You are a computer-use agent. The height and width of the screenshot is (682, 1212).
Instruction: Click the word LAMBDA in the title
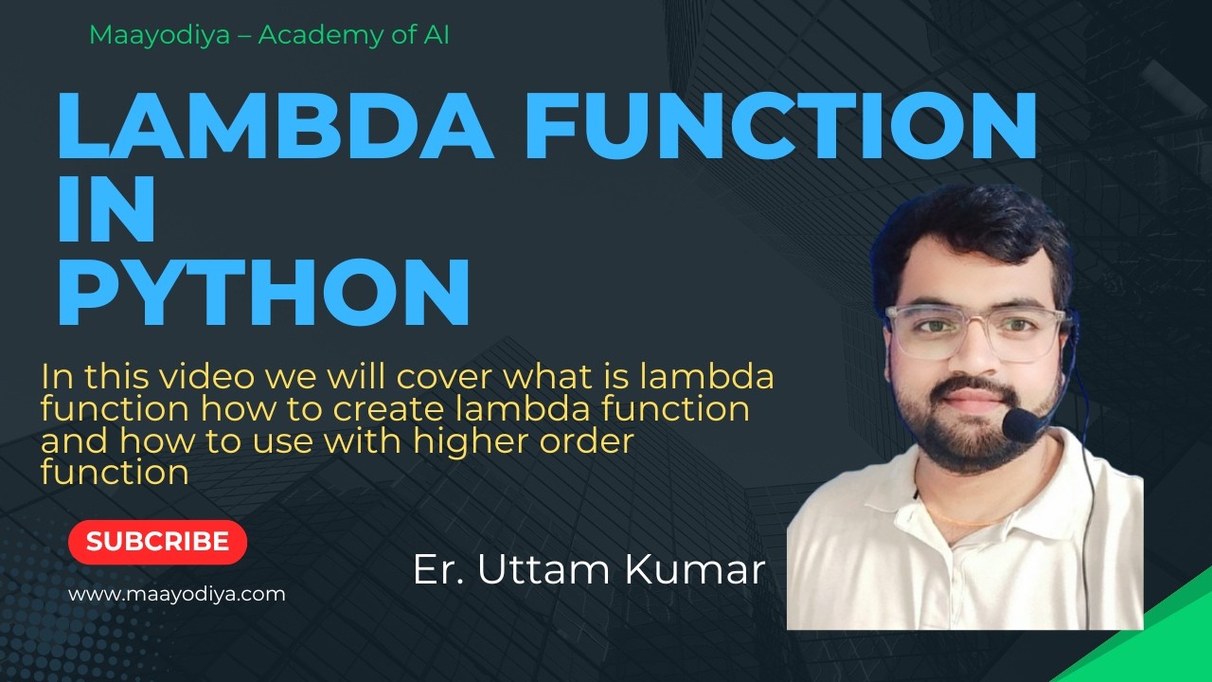[x=275, y=126]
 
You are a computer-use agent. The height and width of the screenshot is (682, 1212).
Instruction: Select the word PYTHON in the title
[x=264, y=293]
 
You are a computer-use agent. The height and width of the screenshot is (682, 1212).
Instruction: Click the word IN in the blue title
[x=106, y=209]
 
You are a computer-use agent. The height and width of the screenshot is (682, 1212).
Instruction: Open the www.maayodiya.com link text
[x=177, y=595]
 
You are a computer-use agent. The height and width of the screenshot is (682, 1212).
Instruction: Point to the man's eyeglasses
[x=975, y=332]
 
